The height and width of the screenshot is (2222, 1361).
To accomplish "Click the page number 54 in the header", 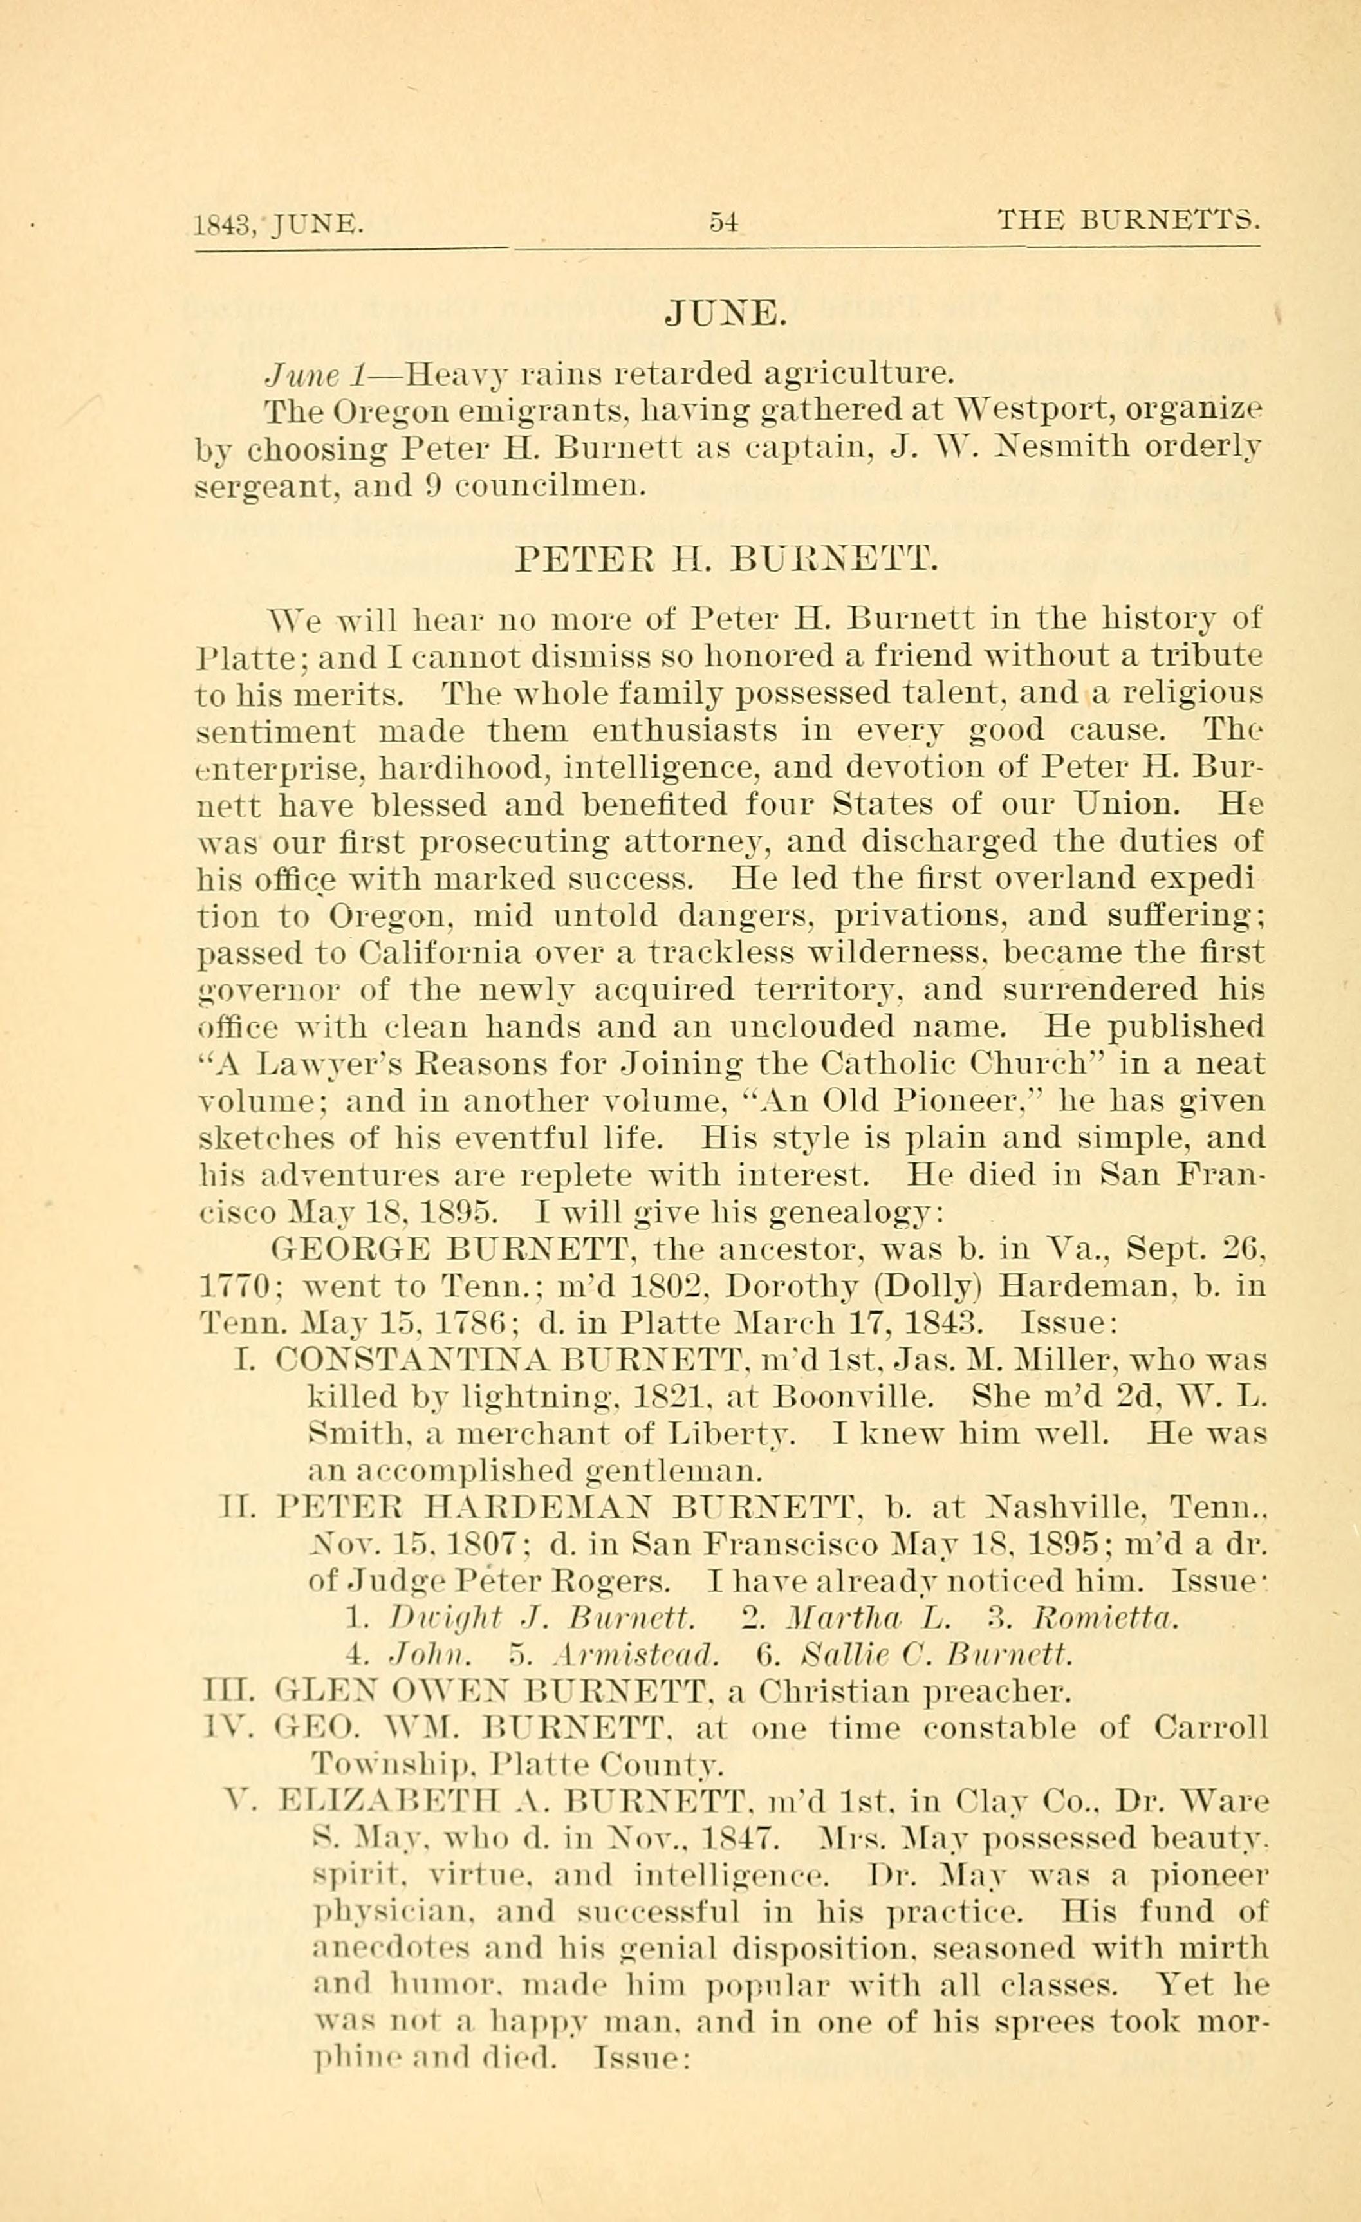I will point(724,221).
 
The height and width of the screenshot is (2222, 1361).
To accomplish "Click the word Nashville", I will point(1068,1507).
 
